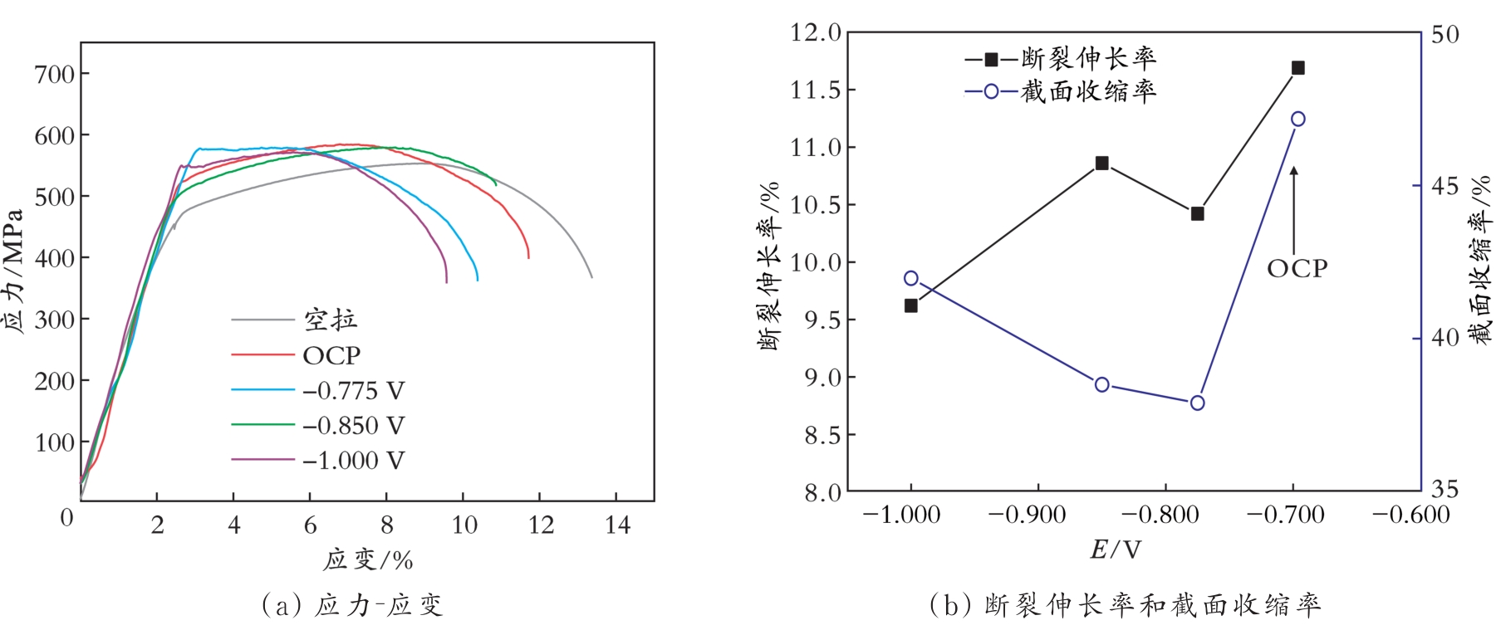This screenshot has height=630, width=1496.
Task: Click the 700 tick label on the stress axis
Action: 55,74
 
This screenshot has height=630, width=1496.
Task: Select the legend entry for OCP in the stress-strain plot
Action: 331,355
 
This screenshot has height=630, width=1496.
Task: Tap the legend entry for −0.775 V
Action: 352,390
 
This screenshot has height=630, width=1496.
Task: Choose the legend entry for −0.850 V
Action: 352,425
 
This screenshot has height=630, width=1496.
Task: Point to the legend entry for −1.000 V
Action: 352,460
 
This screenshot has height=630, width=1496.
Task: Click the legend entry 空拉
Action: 330,320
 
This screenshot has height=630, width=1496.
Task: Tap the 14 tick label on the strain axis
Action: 617,525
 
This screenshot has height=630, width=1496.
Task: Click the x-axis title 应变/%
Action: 368,560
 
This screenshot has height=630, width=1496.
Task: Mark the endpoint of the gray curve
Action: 592,277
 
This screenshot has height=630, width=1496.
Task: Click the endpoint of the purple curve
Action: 447,282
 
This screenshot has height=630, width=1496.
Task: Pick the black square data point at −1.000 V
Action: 911,305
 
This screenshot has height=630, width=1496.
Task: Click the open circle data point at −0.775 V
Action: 1197,403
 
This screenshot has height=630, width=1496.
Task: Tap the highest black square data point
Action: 1298,68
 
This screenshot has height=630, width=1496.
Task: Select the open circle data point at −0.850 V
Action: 1102,384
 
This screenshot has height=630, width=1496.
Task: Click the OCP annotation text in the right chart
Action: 1297,268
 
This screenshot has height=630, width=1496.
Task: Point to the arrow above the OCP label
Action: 1293,208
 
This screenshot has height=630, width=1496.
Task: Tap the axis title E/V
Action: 1116,549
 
